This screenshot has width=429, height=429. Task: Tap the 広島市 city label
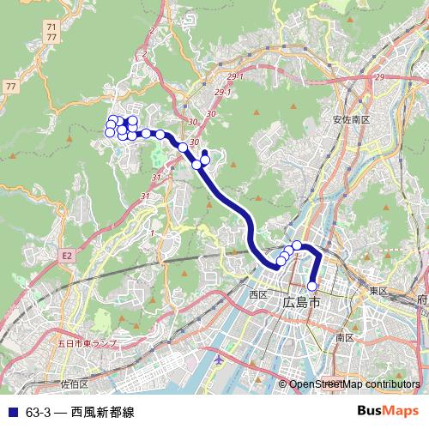pyautogui.click(x=301, y=303)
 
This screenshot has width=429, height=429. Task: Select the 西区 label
pyautogui.click(x=258, y=294)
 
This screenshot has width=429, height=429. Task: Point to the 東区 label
pyautogui.click(x=378, y=292)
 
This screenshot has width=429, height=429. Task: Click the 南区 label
pyautogui.click(x=345, y=338)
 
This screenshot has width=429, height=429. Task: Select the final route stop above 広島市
pyautogui.click(x=312, y=286)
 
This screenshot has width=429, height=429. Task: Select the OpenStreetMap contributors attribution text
pyautogui.click(x=355, y=384)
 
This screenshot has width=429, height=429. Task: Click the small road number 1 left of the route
pyautogui.click(x=151, y=233)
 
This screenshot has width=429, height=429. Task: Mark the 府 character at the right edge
pyautogui.click(x=421, y=301)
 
